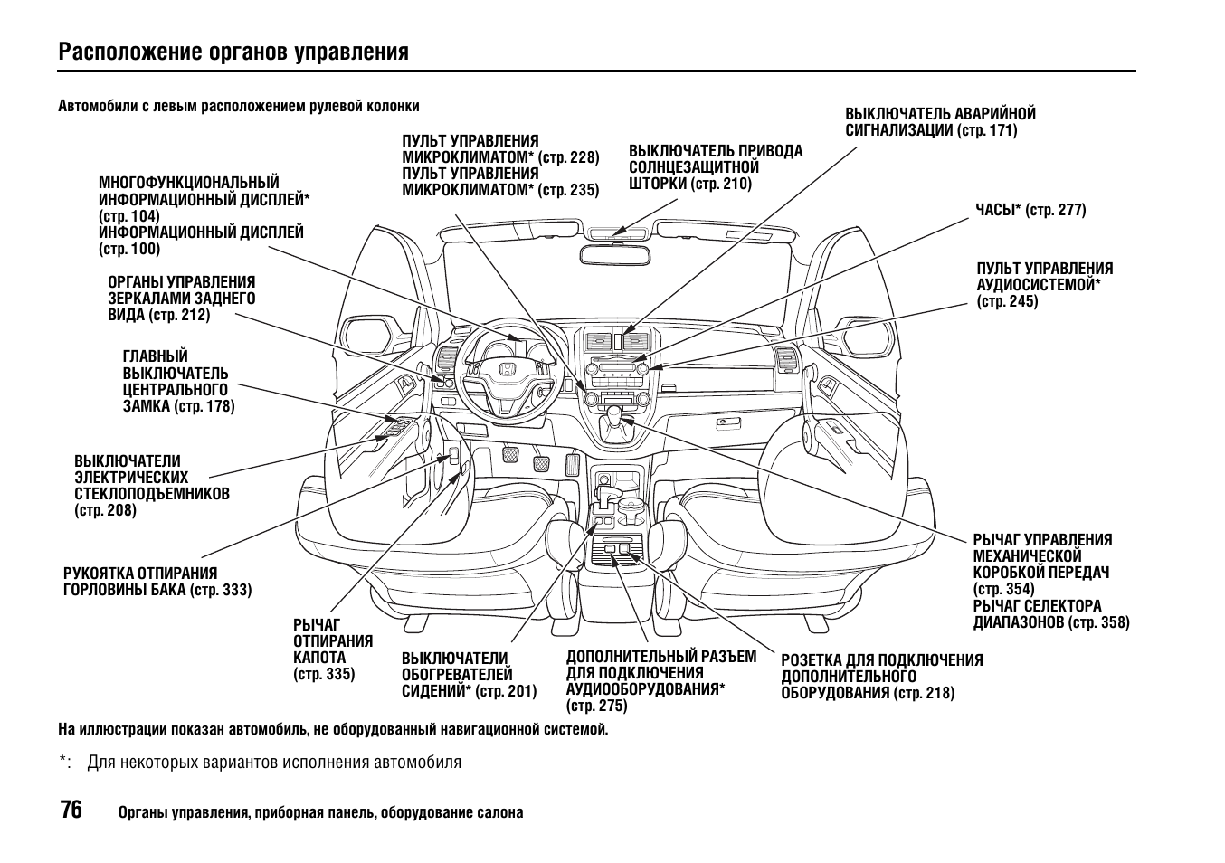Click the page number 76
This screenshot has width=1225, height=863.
tap(71, 811)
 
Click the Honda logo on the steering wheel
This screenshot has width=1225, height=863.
tap(508, 370)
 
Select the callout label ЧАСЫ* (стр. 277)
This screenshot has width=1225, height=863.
tap(1030, 211)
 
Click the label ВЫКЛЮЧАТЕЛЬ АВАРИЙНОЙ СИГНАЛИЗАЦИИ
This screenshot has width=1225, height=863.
tap(940, 122)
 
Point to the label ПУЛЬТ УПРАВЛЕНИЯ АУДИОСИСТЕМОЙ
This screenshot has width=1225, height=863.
tap(1044, 285)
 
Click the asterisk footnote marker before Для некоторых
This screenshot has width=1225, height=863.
tap(65, 763)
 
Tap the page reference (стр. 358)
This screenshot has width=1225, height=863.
tap(1098, 622)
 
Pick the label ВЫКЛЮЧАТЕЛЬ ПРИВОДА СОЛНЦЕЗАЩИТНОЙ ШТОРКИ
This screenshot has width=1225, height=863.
tap(715, 167)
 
